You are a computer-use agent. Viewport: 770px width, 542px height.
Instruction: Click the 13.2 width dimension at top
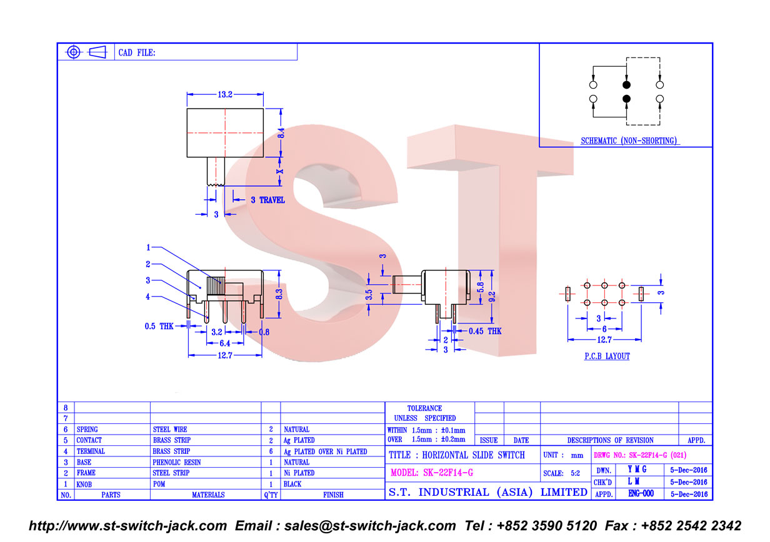point(225,94)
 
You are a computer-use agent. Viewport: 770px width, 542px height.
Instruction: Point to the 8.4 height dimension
point(281,133)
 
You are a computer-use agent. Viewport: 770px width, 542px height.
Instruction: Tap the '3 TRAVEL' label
point(267,200)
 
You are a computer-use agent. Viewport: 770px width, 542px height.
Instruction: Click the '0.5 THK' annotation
point(159,326)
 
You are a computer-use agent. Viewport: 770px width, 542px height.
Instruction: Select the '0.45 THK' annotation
point(485,331)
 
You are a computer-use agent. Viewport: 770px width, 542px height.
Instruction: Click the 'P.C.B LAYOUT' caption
point(607,356)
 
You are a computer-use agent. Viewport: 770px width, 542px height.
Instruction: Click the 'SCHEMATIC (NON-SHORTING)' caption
point(629,140)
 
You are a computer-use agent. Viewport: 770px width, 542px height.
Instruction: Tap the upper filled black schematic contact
point(626,84)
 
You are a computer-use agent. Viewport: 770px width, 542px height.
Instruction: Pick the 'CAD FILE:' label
point(137,52)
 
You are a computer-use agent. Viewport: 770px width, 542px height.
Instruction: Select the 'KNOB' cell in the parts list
point(84,485)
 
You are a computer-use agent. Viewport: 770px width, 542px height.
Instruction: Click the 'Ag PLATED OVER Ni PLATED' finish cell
point(325,451)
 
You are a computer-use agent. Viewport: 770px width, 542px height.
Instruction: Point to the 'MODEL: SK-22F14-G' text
point(432,473)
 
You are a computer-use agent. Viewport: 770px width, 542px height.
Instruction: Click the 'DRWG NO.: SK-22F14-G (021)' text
point(640,455)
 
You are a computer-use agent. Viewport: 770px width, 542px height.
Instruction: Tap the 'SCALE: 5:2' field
point(561,473)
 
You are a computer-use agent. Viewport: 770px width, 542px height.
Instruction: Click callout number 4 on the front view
point(147,297)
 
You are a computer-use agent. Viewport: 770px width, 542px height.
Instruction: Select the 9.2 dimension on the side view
point(492,297)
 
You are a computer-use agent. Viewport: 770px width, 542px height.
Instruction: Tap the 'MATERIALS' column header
point(208,495)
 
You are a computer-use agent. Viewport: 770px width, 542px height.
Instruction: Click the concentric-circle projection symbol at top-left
point(74,52)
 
